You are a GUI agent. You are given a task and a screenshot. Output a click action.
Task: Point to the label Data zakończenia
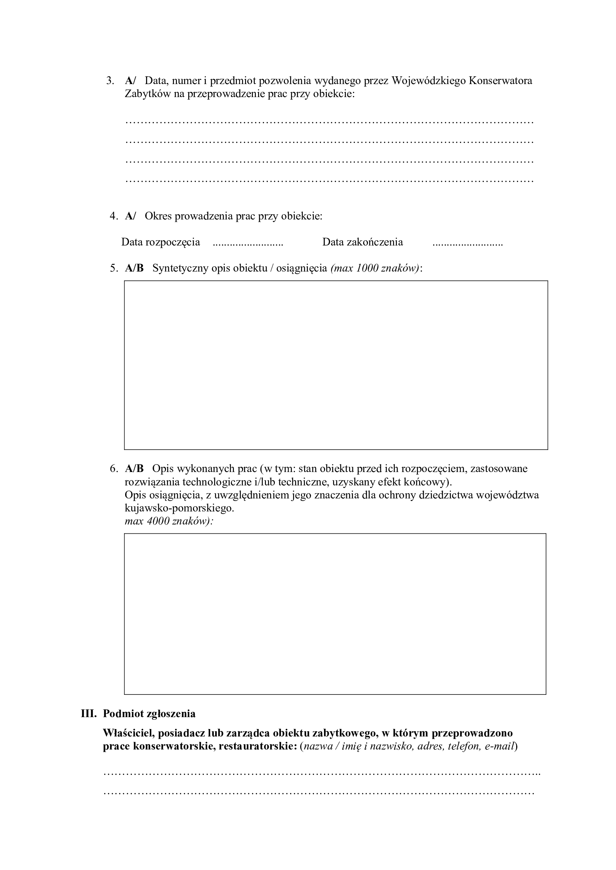(x=362, y=242)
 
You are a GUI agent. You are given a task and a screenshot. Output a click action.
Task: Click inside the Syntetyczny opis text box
(x=336, y=365)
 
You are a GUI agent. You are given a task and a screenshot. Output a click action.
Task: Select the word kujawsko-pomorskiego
(x=179, y=508)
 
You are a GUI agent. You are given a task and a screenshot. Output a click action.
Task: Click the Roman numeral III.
(x=89, y=714)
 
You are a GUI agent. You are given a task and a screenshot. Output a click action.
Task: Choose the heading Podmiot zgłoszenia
(x=149, y=714)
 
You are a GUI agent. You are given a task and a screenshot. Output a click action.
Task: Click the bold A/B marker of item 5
(x=134, y=268)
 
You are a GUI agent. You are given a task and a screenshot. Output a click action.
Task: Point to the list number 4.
(x=114, y=216)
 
